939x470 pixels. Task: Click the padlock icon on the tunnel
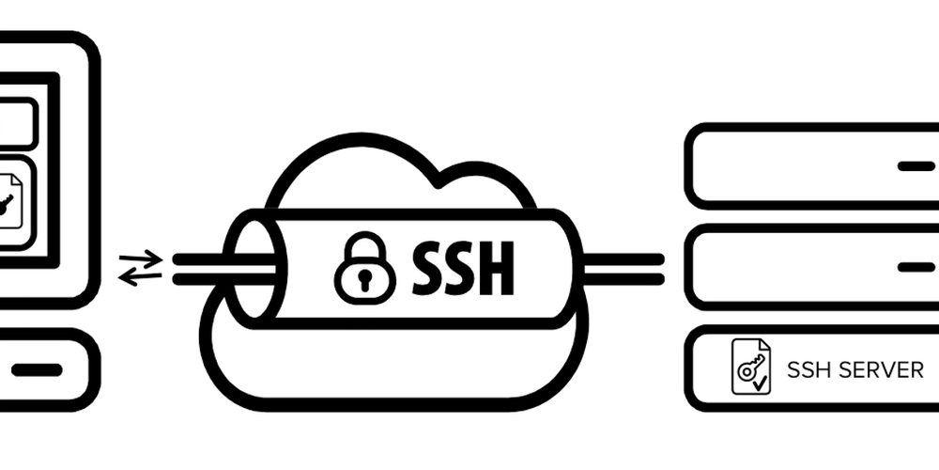(364, 269)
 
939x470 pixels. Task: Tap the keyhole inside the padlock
(364, 280)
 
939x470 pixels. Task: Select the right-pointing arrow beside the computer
(142, 259)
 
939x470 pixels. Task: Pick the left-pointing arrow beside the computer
(140, 277)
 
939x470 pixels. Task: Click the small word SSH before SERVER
(808, 370)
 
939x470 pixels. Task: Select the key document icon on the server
(751, 367)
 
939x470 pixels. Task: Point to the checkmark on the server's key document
(760, 384)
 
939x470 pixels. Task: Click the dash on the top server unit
(916, 166)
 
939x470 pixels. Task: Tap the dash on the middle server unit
(916, 267)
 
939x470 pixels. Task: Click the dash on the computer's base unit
(37, 369)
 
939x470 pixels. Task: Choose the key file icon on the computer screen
(8, 201)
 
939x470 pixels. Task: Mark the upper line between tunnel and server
(623, 259)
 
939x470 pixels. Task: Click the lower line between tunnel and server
(623, 279)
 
